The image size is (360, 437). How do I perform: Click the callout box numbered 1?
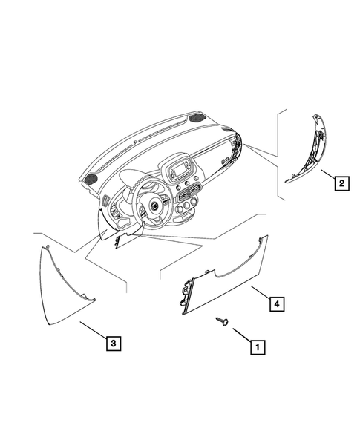(256, 346)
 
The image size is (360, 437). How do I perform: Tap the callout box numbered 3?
(111, 343)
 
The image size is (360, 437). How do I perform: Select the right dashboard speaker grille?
(199, 117)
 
